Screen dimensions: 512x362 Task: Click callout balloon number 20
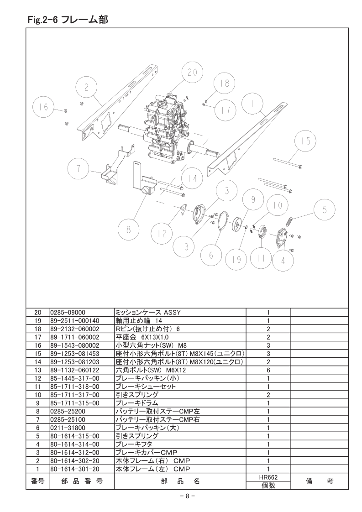pyautogui.click(x=192, y=72)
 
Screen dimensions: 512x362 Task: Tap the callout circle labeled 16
pyautogui.click(x=44, y=107)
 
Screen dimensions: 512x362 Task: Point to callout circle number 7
pyautogui.click(x=79, y=169)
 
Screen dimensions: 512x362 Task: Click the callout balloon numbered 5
pyautogui.click(x=325, y=210)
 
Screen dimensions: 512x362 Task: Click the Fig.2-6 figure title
pyautogui.click(x=68, y=20)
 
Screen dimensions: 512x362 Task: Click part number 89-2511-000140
pyautogui.click(x=74, y=321)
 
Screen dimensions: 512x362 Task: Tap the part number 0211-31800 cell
pyautogui.click(x=68, y=428)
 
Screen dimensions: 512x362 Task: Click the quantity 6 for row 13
pyautogui.click(x=268, y=370)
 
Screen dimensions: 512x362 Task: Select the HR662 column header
pyautogui.click(x=268, y=477)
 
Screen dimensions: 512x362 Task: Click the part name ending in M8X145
pyautogui.click(x=180, y=354)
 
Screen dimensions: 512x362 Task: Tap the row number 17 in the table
pyautogui.click(x=38, y=337)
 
